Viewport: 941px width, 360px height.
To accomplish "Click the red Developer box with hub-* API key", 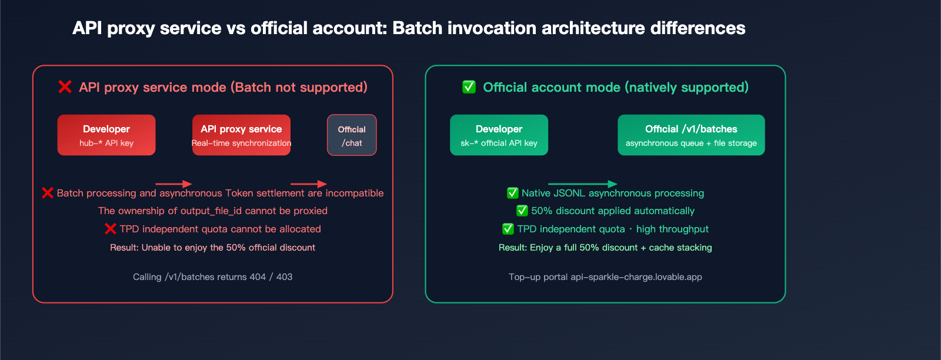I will click(x=106, y=135).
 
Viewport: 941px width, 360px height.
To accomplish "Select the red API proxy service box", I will click(x=241, y=135).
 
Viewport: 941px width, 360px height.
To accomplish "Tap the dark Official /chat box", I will click(x=352, y=135).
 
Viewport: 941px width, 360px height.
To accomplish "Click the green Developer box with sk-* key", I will click(x=499, y=135).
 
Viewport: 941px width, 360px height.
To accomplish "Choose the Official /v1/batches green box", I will click(x=691, y=135).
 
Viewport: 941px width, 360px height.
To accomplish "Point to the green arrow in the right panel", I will click(x=582, y=184).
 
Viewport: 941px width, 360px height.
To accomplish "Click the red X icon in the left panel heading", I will click(x=65, y=87).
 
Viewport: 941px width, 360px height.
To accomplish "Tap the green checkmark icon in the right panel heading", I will click(x=469, y=87).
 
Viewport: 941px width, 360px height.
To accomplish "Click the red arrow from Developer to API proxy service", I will click(x=173, y=184).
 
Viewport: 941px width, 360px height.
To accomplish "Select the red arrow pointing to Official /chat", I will click(x=309, y=184).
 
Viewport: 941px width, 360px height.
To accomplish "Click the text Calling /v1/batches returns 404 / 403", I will click(x=212, y=277).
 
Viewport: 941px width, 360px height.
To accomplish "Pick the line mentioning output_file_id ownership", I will click(x=212, y=211).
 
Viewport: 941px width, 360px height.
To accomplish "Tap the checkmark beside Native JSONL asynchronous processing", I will click(x=512, y=193).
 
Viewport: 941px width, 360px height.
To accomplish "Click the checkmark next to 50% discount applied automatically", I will click(x=522, y=211).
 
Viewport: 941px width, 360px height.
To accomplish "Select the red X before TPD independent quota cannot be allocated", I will click(x=110, y=229).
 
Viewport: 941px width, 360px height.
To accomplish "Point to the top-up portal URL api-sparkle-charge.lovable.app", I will click(x=636, y=277).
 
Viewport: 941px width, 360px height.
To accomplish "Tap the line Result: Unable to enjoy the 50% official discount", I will click(x=212, y=248).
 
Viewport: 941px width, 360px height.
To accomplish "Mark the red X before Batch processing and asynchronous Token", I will click(x=48, y=193).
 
